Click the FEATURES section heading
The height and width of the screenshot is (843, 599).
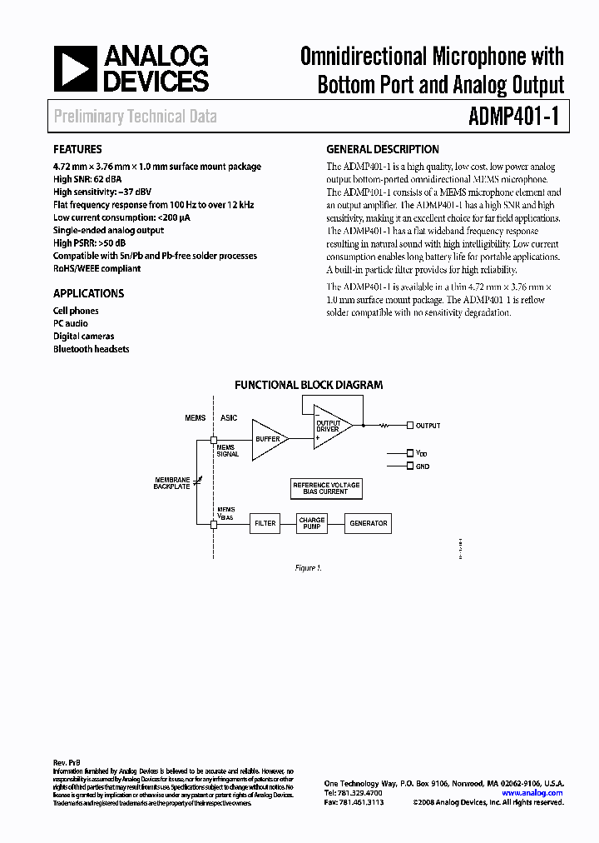click(77, 150)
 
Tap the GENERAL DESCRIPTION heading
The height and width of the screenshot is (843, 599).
click(382, 150)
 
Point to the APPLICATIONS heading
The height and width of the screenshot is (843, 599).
click(88, 293)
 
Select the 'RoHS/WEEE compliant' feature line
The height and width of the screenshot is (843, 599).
click(97, 268)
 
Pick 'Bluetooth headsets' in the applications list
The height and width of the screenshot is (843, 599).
click(91, 349)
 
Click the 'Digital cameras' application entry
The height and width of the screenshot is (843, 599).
click(84, 337)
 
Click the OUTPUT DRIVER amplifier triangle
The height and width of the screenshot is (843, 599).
click(331, 426)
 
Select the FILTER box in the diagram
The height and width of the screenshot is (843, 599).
click(265, 524)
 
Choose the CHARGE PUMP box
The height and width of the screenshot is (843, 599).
click(311, 524)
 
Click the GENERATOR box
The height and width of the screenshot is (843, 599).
click(368, 524)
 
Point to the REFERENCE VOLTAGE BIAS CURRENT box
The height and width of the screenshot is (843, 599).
click(326, 488)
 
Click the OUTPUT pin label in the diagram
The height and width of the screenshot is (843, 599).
click(428, 426)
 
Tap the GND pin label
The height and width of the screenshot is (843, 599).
click(423, 466)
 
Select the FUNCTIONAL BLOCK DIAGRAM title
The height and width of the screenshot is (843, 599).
click(308, 385)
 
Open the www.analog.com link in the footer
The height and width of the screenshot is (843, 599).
click(532, 793)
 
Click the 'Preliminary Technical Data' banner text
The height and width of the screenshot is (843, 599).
click(136, 117)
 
